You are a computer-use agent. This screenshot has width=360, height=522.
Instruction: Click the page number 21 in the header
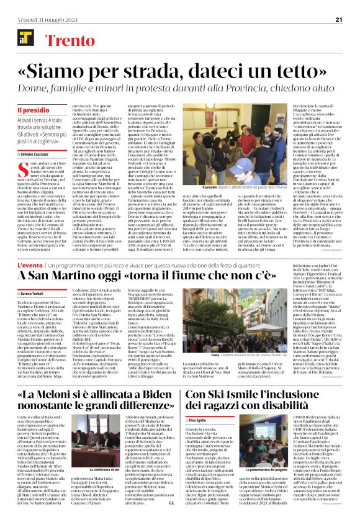tap(339, 20)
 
